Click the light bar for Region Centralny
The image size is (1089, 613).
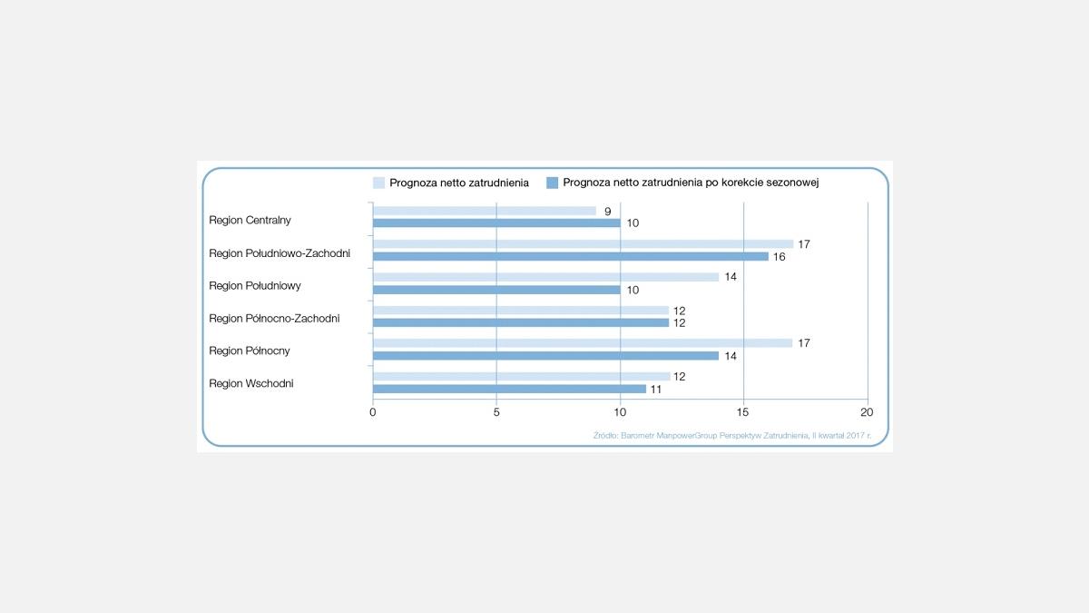click(x=485, y=211)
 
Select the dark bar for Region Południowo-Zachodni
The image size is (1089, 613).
click(x=571, y=256)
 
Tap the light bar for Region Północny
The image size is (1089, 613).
click(x=583, y=343)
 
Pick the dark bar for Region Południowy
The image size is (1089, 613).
click(x=496, y=290)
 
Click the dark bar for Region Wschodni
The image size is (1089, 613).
click(x=509, y=389)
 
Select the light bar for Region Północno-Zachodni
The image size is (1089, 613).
click(x=521, y=311)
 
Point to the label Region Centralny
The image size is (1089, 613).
click(x=250, y=220)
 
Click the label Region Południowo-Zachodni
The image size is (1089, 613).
click(x=280, y=252)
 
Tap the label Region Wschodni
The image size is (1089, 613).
click(x=251, y=383)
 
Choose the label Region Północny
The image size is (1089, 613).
click(x=250, y=351)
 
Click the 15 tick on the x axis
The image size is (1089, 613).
click(x=744, y=412)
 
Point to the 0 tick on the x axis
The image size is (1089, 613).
click(x=373, y=412)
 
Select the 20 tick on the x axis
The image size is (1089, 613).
click(x=867, y=412)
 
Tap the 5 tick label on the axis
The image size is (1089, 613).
click(x=496, y=412)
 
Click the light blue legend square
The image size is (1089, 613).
click(x=378, y=183)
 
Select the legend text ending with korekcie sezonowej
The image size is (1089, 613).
click(x=691, y=183)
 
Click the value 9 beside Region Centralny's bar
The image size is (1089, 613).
click(x=607, y=211)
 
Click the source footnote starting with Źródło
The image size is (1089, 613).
click(x=731, y=436)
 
